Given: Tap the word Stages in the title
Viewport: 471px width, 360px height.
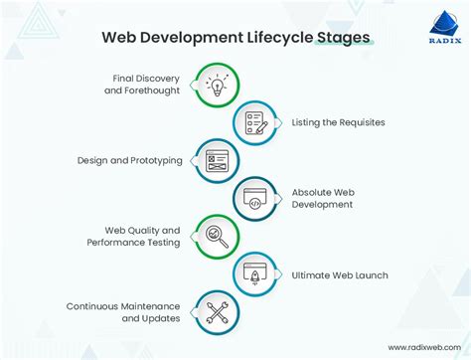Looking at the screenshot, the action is point(340,38).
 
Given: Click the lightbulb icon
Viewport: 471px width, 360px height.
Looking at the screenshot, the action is point(217,87).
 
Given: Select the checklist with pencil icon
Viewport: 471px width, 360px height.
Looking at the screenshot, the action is point(254,122).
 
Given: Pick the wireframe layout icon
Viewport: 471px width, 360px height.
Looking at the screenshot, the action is point(217,160).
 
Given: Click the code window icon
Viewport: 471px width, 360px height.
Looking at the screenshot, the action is point(254,198).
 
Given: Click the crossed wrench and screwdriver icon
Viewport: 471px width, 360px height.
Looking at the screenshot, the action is point(217,311).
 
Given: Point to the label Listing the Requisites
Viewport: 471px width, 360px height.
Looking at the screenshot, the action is point(338,122).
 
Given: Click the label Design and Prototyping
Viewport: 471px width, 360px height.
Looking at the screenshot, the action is point(129,160).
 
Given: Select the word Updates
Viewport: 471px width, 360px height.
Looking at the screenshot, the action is point(161,318).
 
